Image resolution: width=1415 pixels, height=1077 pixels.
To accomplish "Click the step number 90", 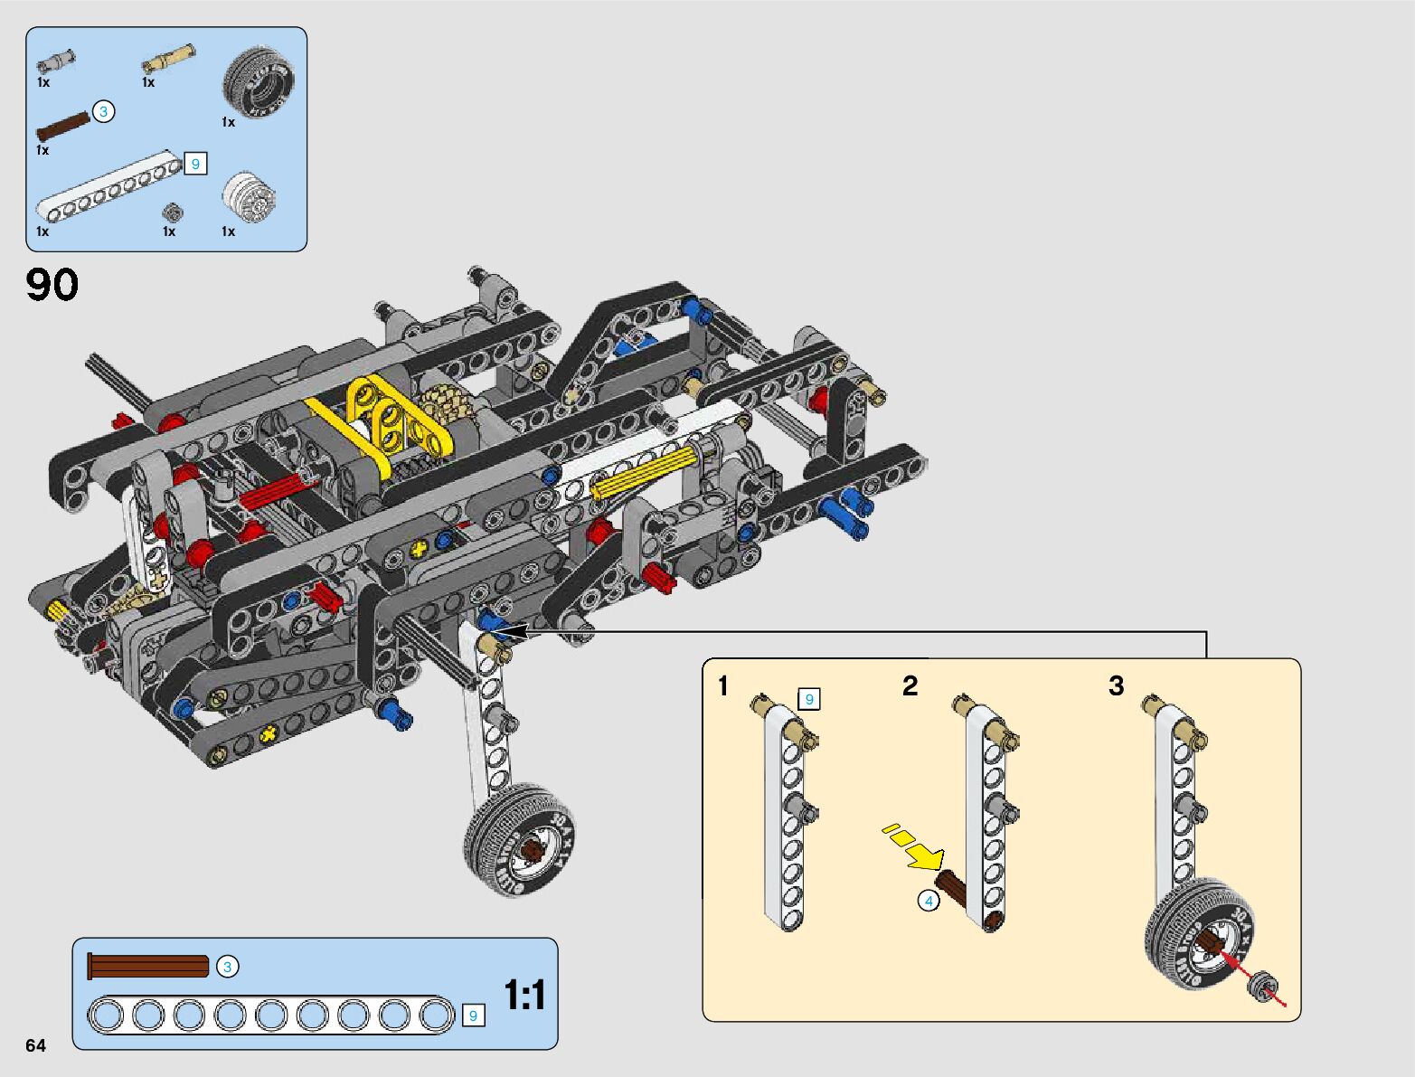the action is [52, 285].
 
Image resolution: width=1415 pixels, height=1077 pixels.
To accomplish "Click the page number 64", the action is [35, 1044].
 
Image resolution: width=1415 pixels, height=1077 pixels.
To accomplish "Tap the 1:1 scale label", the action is [524, 995].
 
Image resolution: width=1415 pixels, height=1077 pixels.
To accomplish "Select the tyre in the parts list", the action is [259, 81].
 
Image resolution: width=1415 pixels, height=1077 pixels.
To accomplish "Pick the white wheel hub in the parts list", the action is [250, 197].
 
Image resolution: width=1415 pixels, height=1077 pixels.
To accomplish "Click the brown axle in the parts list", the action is [62, 127].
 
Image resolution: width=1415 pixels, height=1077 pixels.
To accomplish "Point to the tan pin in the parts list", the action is [168, 58].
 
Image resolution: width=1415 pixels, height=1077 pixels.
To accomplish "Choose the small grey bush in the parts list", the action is [172, 212].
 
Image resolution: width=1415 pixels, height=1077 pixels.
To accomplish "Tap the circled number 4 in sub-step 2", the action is [929, 901].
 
